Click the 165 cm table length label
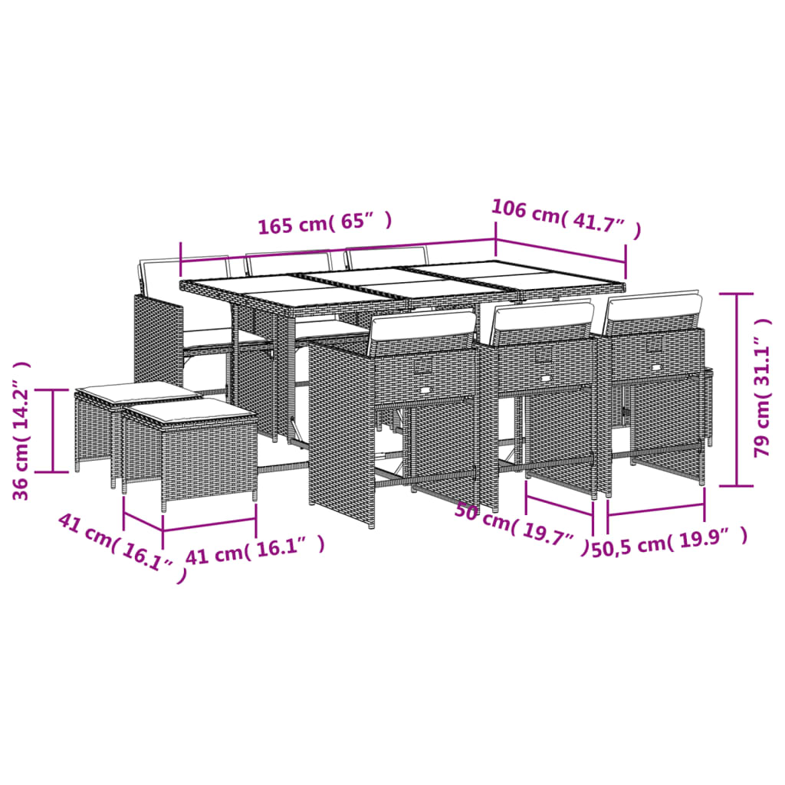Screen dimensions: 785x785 point(325,224)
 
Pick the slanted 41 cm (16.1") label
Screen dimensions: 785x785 point(121,547)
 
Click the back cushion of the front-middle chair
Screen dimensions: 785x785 point(544,316)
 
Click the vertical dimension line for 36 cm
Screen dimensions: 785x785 point(53,430)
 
